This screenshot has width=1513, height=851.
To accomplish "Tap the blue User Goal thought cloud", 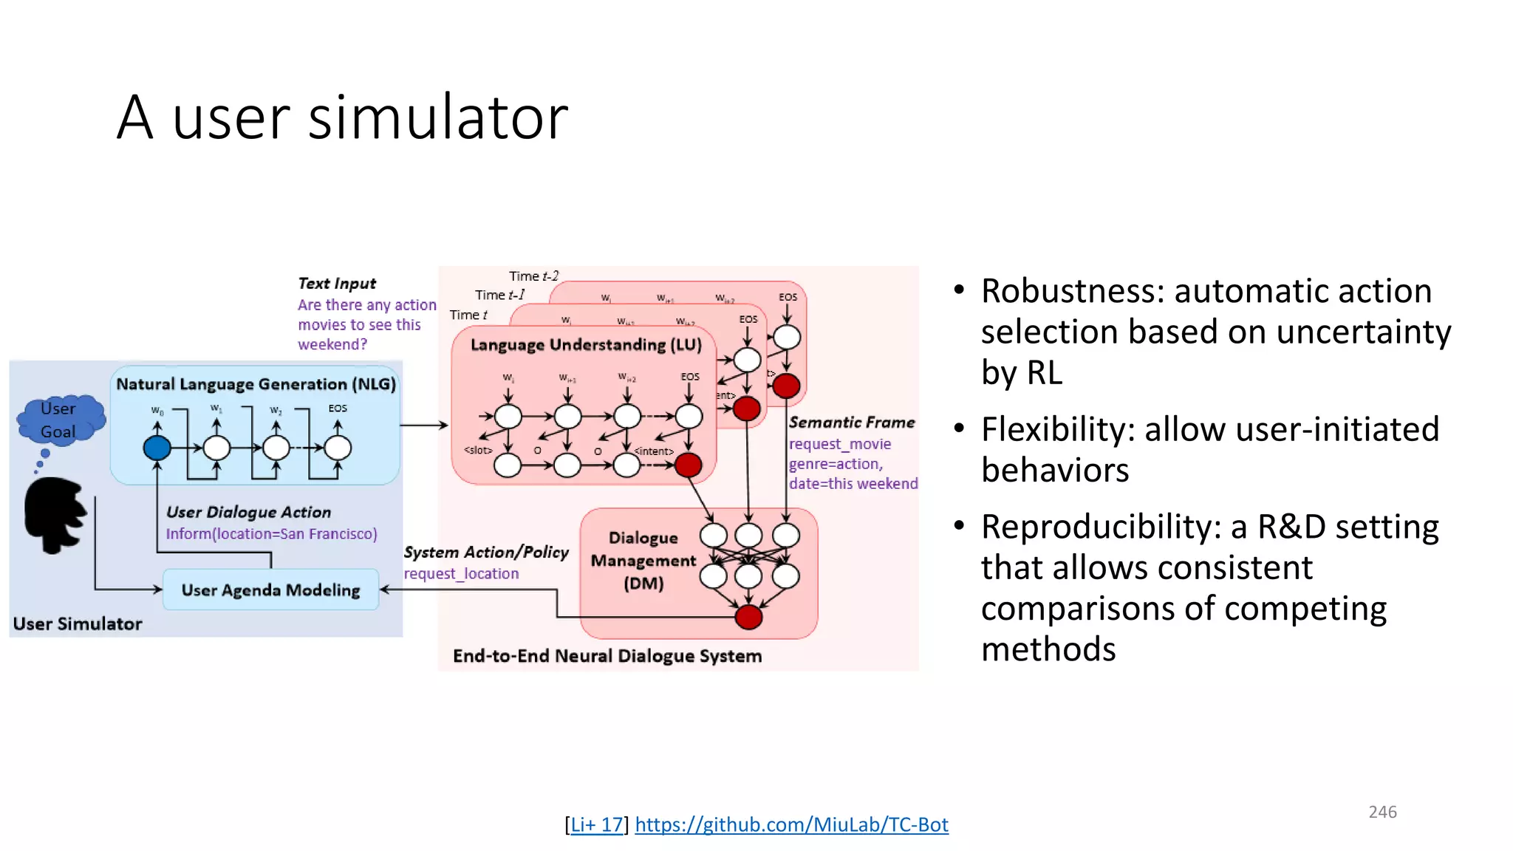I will [59, 420].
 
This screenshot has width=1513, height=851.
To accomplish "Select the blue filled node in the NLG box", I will [157, 448].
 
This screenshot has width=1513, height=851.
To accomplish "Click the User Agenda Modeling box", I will [270, 589].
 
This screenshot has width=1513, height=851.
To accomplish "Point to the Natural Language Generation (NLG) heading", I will [256, 384].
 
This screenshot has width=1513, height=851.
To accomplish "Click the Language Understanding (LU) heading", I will [586, 345].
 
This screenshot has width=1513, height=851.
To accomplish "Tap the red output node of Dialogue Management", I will [748, 617].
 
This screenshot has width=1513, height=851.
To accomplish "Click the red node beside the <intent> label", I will [688, 465].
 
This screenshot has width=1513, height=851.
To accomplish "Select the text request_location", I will [461, 574].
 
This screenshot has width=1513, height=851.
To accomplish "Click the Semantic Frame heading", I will [852, 423].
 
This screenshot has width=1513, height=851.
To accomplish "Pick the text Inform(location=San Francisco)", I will [271, 534].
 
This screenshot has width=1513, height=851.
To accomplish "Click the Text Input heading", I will [337, 284].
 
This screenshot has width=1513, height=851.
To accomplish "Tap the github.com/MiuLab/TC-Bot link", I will [791, 824].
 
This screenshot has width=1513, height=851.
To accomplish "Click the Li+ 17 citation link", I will [597, 824].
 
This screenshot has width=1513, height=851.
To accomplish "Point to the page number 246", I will [1382, 812].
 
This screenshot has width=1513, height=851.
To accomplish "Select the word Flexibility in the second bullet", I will [1056, 429].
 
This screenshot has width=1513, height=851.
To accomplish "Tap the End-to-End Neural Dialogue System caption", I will [607, 656].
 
